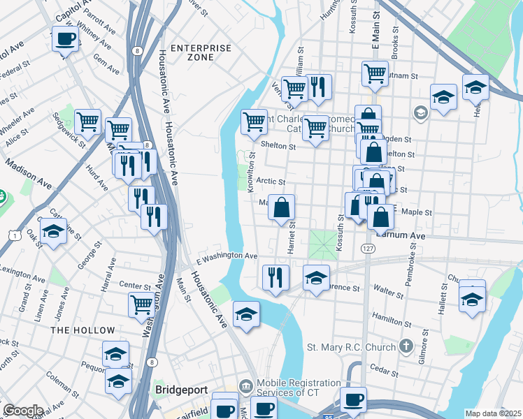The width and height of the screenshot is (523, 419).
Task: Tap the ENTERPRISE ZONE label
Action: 201,52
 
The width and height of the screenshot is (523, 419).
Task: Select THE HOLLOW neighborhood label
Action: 83,330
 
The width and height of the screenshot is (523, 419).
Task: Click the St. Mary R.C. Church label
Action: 351,346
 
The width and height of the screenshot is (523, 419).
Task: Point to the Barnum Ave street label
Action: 401,236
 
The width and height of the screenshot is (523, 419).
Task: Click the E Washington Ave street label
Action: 227,257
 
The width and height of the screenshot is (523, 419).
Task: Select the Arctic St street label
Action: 271,181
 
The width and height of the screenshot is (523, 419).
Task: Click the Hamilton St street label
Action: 392,317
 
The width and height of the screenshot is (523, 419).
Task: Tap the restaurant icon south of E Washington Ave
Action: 276,277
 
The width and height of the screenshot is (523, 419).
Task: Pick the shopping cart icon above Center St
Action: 142,304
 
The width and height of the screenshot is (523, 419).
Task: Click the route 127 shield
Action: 368,249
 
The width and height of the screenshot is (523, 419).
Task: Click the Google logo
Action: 23,411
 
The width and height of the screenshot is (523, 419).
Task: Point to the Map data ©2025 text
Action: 493,413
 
